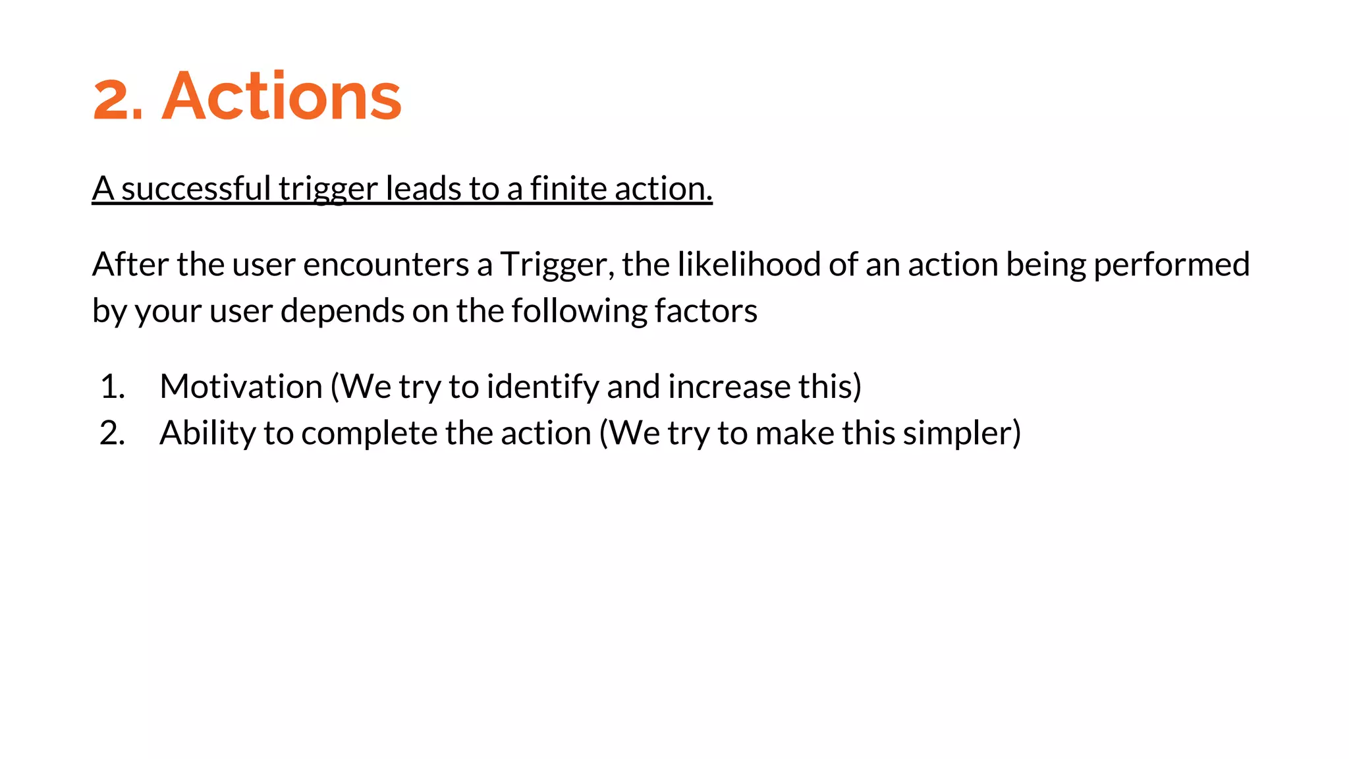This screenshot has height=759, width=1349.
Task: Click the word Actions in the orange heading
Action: (x=281, y=97)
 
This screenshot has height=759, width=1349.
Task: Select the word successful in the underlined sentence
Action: (x=196, y=189)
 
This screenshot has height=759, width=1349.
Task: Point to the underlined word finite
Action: (x=568, y=189)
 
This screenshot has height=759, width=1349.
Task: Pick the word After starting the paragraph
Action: (x=130, y=264)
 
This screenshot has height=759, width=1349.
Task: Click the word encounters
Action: (x=386, y=264)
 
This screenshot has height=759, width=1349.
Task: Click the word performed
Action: (x=1171, y=264)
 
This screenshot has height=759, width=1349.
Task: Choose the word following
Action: (x=579, y=311)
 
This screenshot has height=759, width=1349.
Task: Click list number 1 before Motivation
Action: (x=112, y=387)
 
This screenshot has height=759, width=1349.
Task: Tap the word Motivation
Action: (x=241, y=387)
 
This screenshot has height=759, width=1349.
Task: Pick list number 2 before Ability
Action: (x=112, y=434)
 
